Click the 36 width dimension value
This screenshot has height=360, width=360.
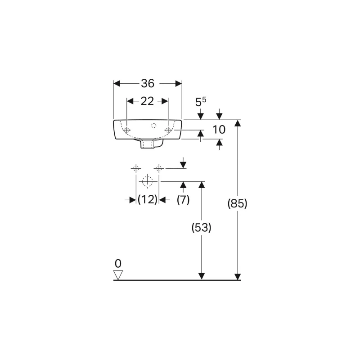[x=148, y=83]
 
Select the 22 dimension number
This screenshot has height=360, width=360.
[x=147, y=101]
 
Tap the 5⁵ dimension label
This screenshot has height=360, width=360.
[x=201, y=102]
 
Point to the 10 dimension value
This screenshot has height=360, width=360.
[x=219, y=130]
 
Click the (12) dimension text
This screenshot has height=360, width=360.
[x=148, y=199]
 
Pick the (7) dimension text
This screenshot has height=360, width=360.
[x=183, y=199]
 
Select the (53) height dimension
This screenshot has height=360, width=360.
[x=201, y=228]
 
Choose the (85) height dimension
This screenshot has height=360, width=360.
[x=238, y=203]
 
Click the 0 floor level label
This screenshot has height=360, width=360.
[x=118, y=264]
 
